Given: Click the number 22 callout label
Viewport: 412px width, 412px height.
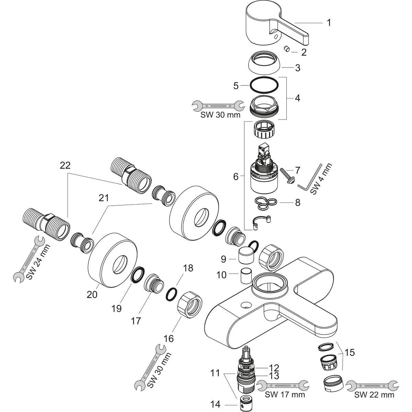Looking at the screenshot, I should pos(65,165).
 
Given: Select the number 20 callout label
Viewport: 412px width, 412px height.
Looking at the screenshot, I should pos(92,294).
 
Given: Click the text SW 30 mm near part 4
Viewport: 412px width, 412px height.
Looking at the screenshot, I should pos(220,115).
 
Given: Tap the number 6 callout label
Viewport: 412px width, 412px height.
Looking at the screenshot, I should pos(236,177).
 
